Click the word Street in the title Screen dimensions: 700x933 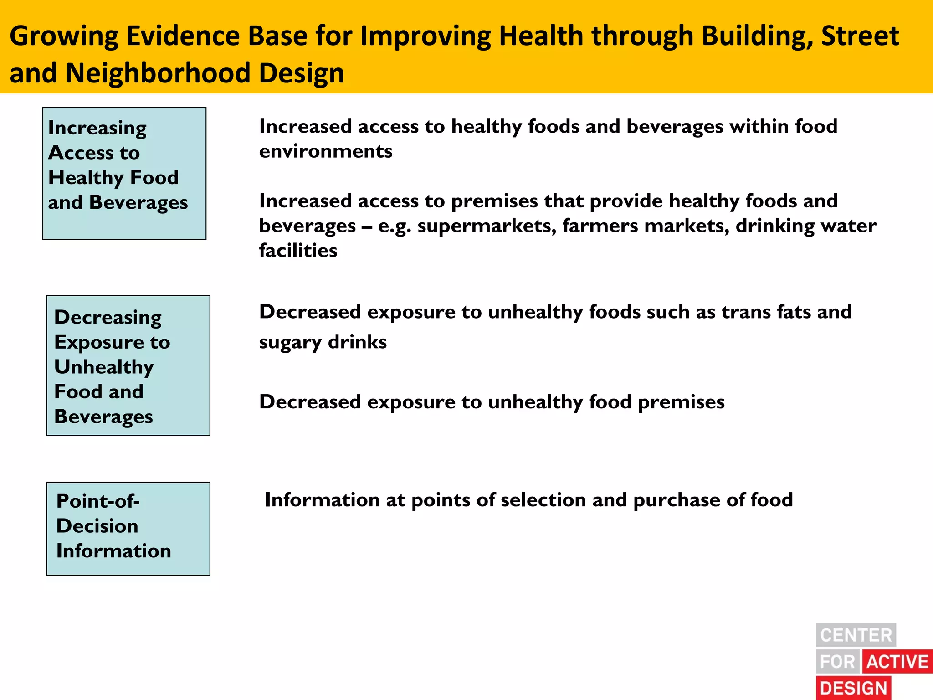(860, 36)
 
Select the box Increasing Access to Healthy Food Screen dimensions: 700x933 (124, 173)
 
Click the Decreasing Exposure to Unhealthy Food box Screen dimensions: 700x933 (128, 365)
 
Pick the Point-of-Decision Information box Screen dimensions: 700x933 (128, 529)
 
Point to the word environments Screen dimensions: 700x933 (325, 151)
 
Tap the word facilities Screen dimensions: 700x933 (298, 251)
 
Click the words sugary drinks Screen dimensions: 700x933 (323, 342)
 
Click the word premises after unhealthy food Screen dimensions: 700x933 (681, 402)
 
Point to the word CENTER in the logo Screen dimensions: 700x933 (856, 635)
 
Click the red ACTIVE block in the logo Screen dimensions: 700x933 (897, 661)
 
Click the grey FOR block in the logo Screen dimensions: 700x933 (837, 661)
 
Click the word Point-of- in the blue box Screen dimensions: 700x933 (98, 501)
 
